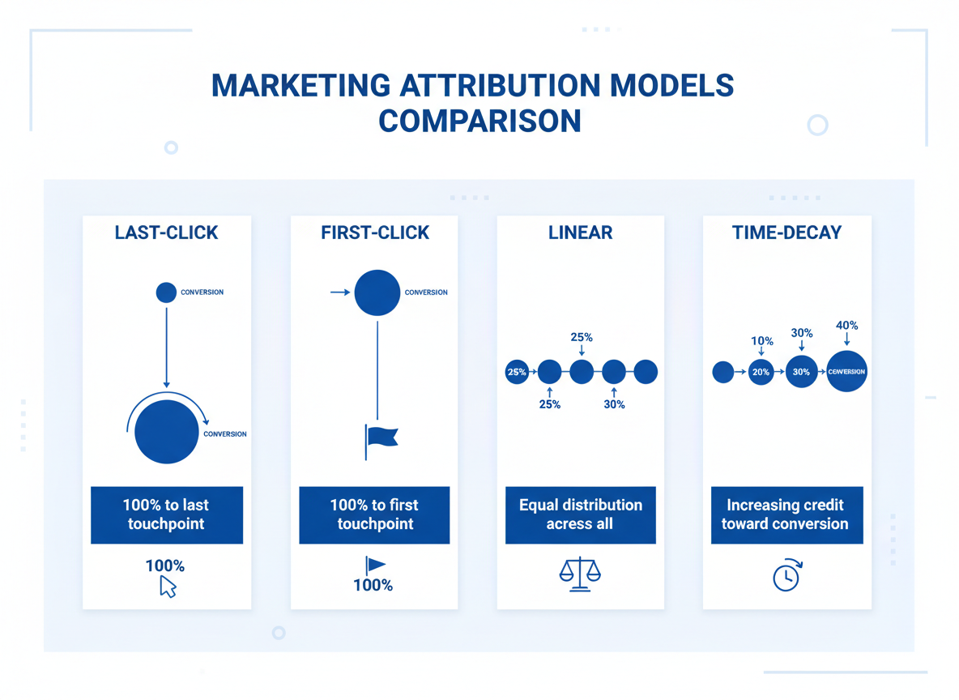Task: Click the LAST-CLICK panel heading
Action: [x=166, y=233]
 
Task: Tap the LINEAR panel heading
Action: [x=580, y=233]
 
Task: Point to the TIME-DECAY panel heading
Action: [x=786, y=233]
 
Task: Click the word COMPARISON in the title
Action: [x=479, y=121]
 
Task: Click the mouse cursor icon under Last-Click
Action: [x=168, y=587]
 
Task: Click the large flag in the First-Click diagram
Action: [x=381, y=437]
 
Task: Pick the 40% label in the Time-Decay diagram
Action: [x=846, y=326]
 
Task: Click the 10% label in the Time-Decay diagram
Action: [x=761, y=341]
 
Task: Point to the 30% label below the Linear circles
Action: [x=614, y=403]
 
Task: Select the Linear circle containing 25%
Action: [x=517, y=372]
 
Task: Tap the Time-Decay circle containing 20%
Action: [x=761, y=372]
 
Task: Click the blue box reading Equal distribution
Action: [x=580, y=514]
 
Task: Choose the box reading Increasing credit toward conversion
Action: [x=785, y=514]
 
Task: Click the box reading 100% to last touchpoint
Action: [x=166, y=514]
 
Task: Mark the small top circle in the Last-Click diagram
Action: [x=166, y=292]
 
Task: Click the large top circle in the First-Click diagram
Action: [x=377, y=292]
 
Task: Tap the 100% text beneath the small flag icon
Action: [x=373, y=585]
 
